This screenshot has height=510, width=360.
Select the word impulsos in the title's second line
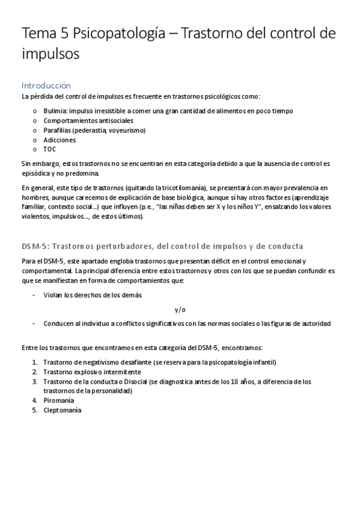pyautogui.click(x=50, y=55)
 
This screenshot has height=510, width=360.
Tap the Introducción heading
pyautogui.click(x=46, y=85)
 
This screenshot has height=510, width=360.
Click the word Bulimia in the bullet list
pyautogui.click(x=55, y=111)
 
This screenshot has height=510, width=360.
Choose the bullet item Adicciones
pyautogui.click(x=59, y=140)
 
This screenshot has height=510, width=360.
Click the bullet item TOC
pyautogui.click(x=50, y=149)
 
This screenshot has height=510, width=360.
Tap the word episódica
pyautogui.click(x=36, y=173)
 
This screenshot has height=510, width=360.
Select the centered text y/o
pyautogui.click(x=180, y=310)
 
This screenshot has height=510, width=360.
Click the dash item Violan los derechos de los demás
pyautogui.click(x=93, y=295)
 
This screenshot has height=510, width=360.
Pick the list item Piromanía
pyautogui.click(x=59, y=401)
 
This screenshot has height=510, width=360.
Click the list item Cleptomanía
pyautogui.click(x=63, y=410)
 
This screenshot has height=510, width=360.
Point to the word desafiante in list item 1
pyautogui.click(x=133, y=362)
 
